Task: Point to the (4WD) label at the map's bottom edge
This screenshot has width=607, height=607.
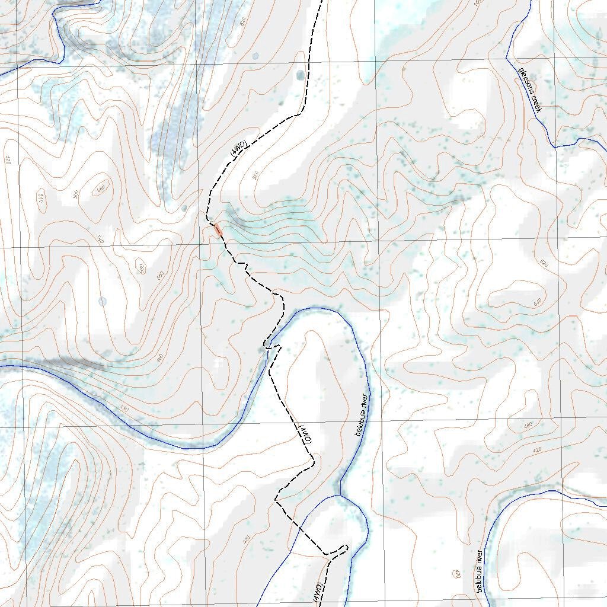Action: click(x=318, y=592)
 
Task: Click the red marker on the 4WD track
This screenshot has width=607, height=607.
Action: click(x=219, y=229)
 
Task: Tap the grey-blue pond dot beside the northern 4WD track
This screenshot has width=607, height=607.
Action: click(x=300, y=75)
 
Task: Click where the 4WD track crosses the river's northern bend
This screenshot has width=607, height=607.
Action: click(x=270, y=347)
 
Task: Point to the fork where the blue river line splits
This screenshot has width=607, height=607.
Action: click(x=339, y=495)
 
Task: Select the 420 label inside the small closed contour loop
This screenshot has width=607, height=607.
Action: click(x=456, y=574)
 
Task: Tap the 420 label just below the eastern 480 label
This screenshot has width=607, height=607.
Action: click(x=537, y=450)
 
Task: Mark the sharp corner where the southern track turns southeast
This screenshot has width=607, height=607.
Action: click(x=276, y=501)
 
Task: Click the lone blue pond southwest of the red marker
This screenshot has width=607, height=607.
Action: click(x=103, y=301)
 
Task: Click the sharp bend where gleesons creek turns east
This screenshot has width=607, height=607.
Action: click(x=555, y=145)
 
